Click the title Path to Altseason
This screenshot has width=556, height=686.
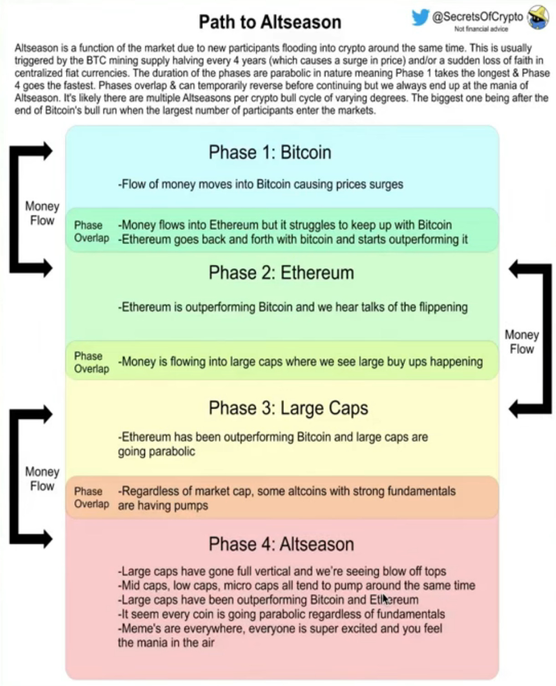(x=270, y=22)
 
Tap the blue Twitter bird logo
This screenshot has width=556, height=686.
(x=420, y=17)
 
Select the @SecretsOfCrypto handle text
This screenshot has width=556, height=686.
(x=477, y=16)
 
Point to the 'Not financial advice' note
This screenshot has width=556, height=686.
(x=481, y=29)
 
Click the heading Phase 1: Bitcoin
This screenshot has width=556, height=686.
(x=270, y=153)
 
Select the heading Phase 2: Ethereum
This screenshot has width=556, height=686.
(x=281, y=272)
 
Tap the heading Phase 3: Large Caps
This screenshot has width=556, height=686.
(x=288, y=408)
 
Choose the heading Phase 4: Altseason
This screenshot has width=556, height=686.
(x=281, y=544)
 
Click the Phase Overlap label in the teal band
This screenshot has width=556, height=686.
(x=92, y=231)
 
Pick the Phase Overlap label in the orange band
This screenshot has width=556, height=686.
(x=92, y=497)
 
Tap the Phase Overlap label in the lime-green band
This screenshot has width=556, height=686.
(x=92, y=362)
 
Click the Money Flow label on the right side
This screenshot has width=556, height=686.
(x=522, y=342)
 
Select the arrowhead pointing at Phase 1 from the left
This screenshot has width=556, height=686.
(x=47, y=151)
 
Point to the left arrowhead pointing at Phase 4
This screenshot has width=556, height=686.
(x=47, y=539)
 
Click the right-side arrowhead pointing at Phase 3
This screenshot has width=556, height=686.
(x=515, y=409)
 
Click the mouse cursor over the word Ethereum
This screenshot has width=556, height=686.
(x=385, y=599)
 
